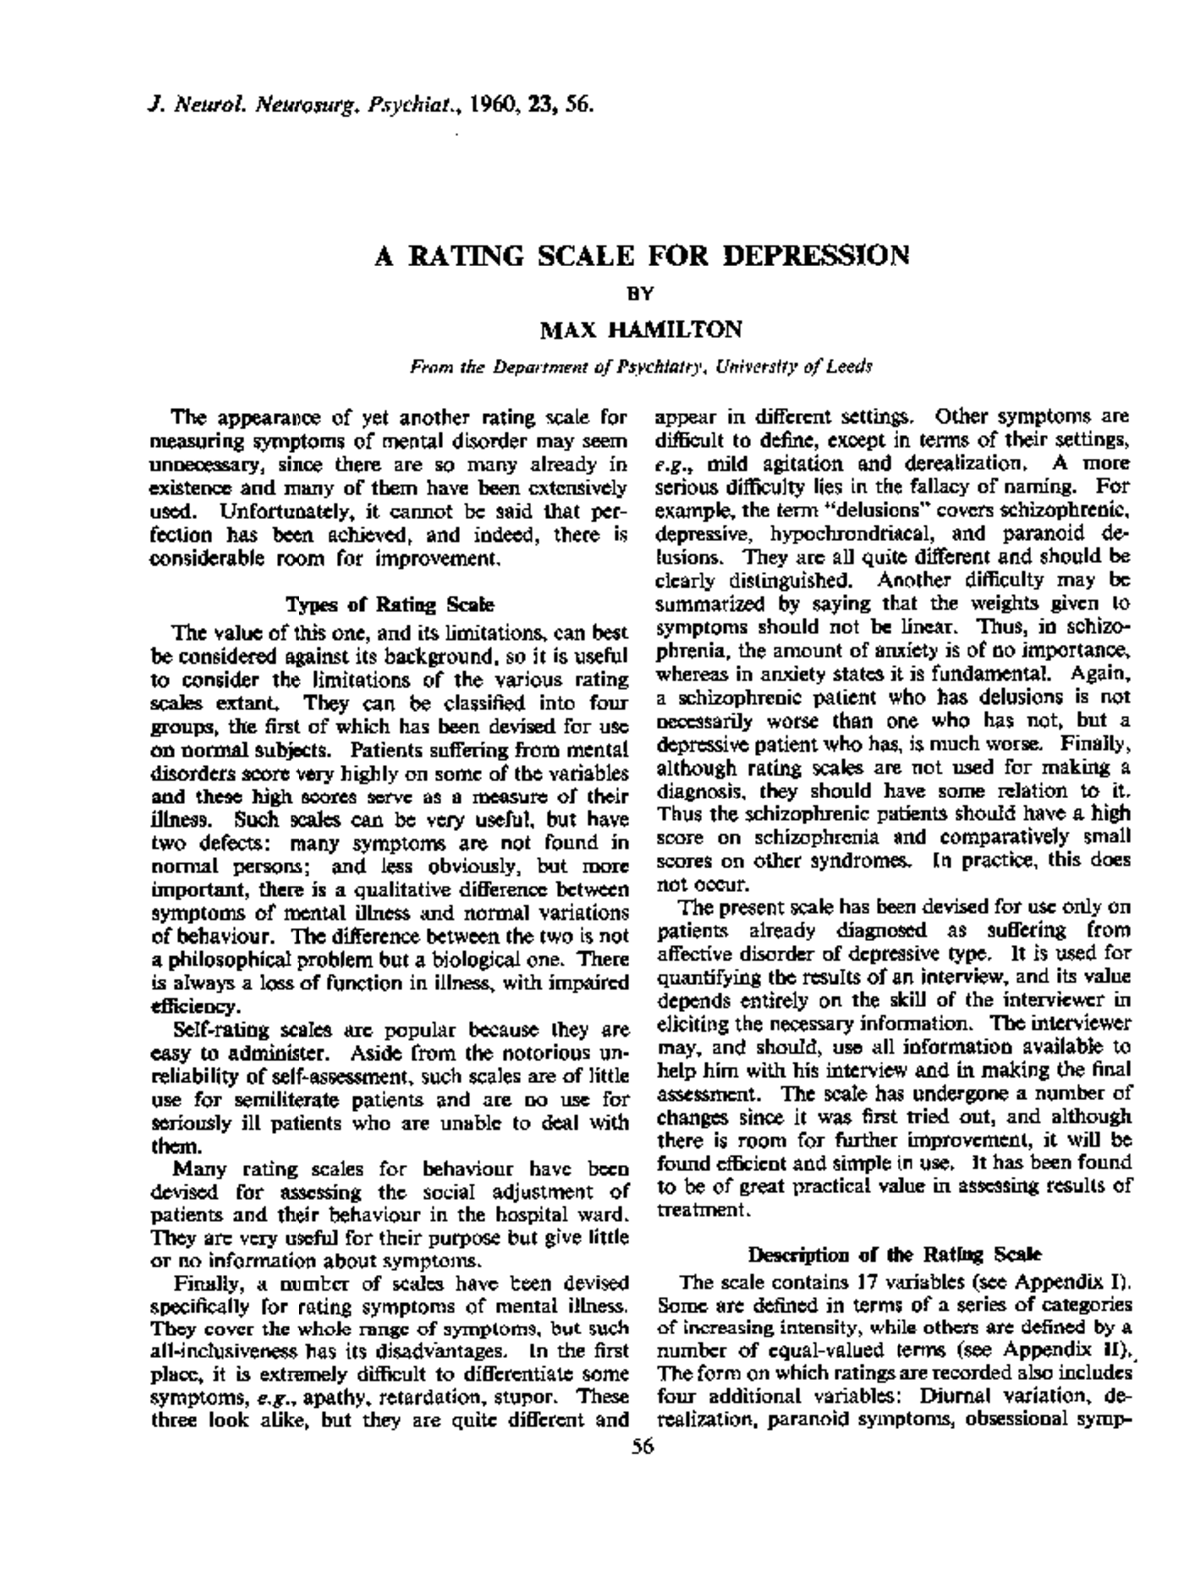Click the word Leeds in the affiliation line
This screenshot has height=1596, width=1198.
pyautogui.click(x=852, y=366)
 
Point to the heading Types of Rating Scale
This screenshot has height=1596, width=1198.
pyautogui.click(x=389, y=604)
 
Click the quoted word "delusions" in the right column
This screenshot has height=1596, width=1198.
pyautogui.click(x=850, y=511)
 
